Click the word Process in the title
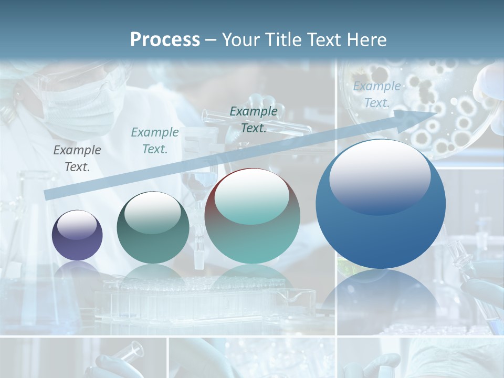[x=165, y=39]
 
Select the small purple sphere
[x=77, y=235]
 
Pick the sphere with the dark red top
[x=252, y=216]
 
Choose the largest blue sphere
[x=381, y=204]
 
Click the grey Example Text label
[x=77, y=158]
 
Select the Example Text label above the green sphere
[x=155, y=140]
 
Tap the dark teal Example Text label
[x=254, y=119]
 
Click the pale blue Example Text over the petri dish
[x=377, y=94]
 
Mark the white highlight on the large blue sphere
[x=380, y=175]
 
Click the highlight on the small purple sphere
[x=77, y=224]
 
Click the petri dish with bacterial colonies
[x=446, y=110]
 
